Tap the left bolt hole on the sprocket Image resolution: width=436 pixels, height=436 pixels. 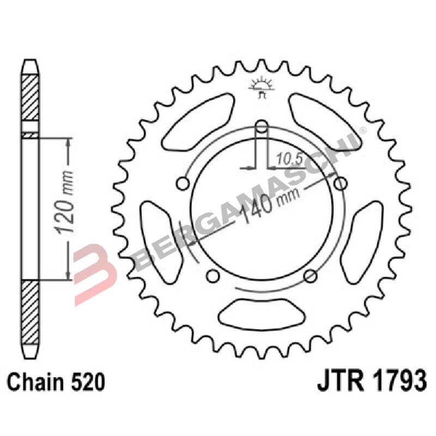(183, 183)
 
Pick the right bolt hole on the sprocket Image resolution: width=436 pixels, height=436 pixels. (341, 183)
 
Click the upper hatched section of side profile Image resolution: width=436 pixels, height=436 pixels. (31, 98)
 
